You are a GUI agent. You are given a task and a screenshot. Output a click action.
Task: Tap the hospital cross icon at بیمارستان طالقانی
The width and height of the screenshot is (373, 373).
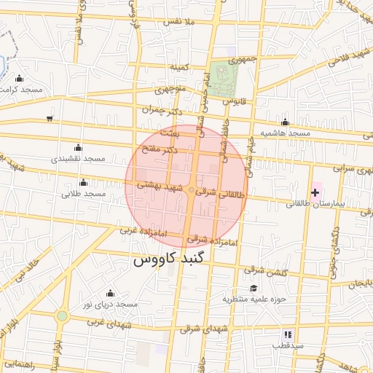(x=315, y=192)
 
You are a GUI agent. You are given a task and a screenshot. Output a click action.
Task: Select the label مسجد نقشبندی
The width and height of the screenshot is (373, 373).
(x=78, y=158)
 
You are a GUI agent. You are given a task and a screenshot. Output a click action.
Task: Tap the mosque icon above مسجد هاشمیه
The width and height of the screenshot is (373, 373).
(x=285, y=122)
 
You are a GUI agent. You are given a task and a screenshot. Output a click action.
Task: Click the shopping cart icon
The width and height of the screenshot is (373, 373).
(x=49, y=118)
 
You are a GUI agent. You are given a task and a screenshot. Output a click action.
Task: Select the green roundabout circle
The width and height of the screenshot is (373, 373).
(x=62, y=315)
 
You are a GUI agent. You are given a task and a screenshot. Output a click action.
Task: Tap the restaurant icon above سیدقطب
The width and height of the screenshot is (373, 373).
(x=286, y=334)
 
